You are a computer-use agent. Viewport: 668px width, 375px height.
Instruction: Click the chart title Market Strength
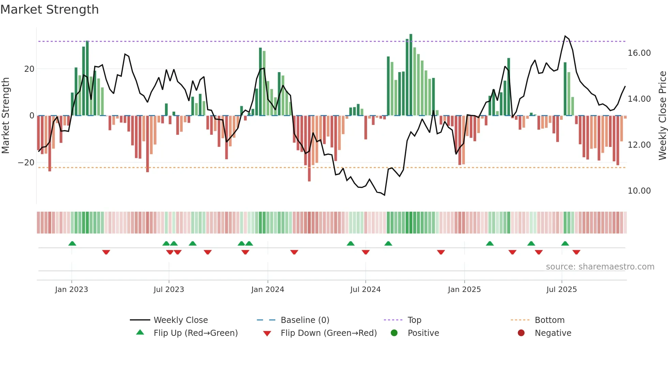[49, 10]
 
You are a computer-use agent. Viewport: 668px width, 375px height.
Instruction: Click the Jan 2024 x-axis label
[268, 290]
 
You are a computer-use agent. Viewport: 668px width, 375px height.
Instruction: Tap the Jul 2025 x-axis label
[561, 290]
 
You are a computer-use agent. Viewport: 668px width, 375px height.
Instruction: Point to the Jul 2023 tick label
[169, 290]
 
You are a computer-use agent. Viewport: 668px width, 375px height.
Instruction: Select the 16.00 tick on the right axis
[639, 53]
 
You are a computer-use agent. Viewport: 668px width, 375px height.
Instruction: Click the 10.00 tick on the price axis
[639, 191]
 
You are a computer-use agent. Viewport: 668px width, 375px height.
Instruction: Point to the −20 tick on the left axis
[26, 163]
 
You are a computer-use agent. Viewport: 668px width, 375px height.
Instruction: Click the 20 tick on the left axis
[29, 69]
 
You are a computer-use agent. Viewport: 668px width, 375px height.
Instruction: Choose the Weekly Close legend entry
[180, 320]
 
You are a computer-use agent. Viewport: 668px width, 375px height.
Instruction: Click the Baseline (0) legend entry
[305, 320]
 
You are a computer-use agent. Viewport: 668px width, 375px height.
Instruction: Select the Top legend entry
[414, 320]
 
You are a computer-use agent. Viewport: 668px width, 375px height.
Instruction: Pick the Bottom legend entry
[549, 320]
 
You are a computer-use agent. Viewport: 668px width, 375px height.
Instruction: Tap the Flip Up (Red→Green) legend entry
[195, 333]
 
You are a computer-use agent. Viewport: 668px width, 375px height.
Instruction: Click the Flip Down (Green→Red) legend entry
[329, 333]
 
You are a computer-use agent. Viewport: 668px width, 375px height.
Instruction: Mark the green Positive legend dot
[394, 333]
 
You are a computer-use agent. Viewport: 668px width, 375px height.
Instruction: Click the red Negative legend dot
[521, 333]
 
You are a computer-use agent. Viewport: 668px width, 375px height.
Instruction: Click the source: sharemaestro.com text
[600, 267]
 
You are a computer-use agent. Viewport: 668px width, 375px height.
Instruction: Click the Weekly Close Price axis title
[662, 116]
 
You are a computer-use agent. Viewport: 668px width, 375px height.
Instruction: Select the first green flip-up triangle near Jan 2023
[72, 243]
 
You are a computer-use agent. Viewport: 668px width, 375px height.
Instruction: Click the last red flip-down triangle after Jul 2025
[576, 252]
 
